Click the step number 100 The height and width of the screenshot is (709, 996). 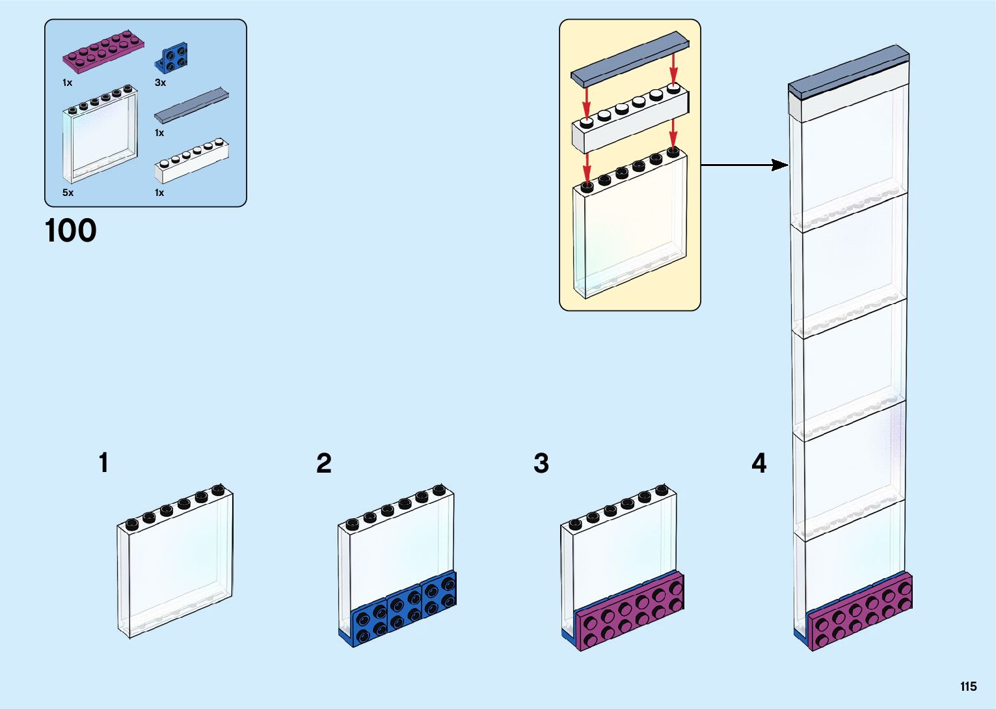[x=70, y=231]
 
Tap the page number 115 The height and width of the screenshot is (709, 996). [x=968, y=686]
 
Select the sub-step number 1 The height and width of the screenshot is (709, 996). [x=103, y=463]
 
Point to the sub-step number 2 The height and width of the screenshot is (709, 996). [x=323, y=464]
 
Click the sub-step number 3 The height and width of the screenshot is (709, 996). [x=541, y=464]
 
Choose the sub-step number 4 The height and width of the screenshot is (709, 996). [x=759, y=464]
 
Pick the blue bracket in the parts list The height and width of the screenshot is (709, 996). [x=170, y=57]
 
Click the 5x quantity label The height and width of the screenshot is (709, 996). [x=68, y=193]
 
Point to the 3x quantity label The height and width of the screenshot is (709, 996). [x=160, y=83]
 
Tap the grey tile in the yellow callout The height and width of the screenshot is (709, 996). [x=629, y=59]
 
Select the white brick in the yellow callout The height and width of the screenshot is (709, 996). [x=629, y=121]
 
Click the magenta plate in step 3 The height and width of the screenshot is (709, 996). [x=628, y=609]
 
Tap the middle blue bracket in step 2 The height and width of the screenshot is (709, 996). [x=405, y=607]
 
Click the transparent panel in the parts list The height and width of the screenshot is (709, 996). [x=100, y=137]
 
